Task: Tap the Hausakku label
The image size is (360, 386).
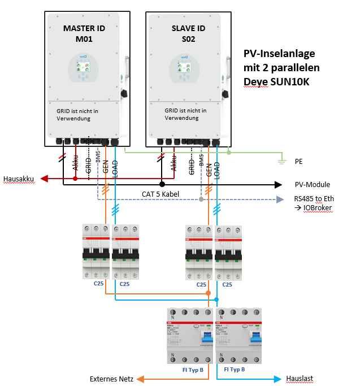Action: pos(19,179)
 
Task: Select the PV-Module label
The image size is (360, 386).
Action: pos(313,185)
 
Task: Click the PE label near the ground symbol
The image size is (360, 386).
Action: pos(298,161)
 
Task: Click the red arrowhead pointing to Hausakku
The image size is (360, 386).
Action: pos(44,179)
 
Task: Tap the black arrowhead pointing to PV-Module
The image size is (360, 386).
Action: pos(278,185)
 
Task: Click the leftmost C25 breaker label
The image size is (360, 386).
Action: pos(98,284)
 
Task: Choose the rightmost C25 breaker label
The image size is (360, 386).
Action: pos(227,284)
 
